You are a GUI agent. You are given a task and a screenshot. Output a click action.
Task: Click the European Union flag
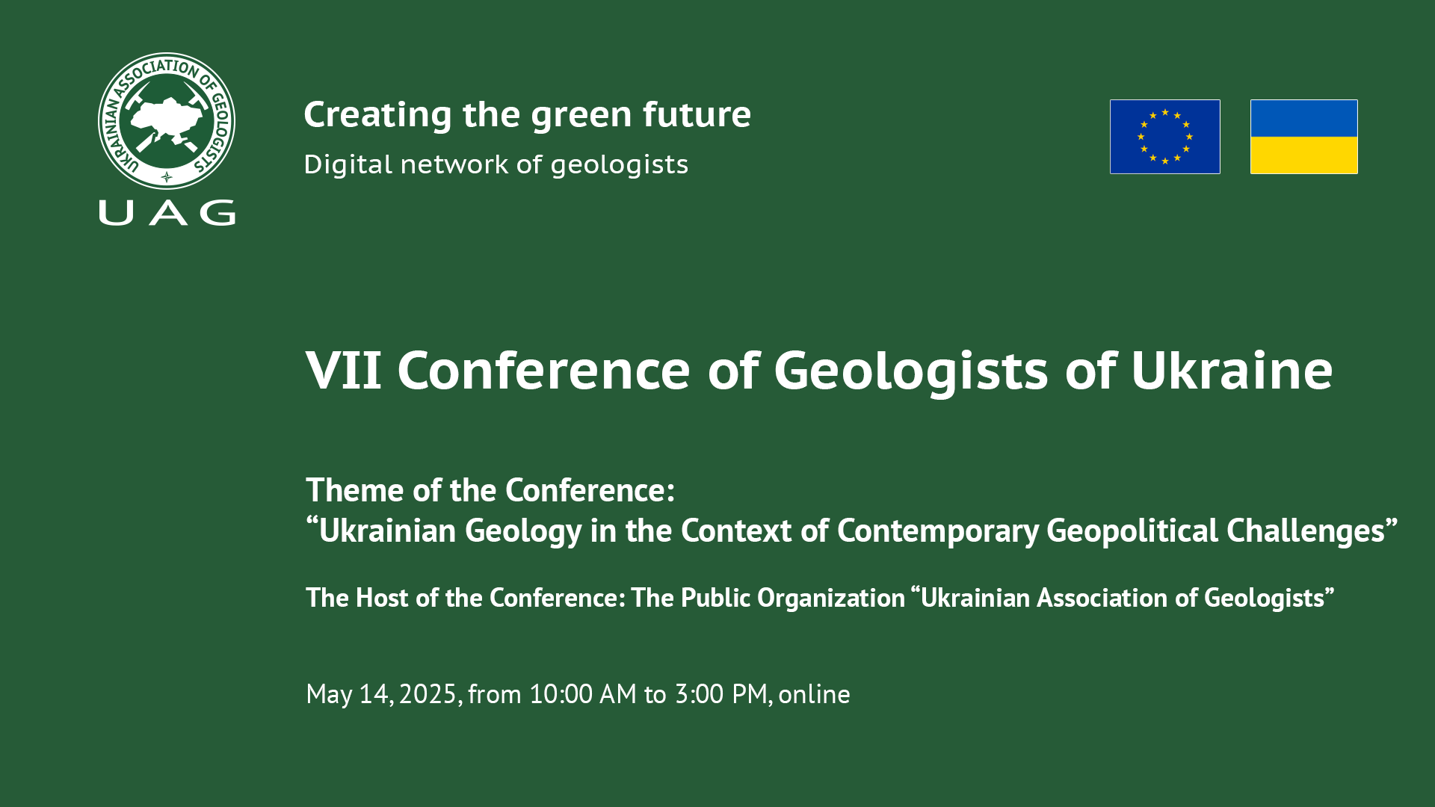[1164, 137]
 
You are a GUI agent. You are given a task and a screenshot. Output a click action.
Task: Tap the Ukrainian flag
[1303, 137]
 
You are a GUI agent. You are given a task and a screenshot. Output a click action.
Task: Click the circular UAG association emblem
[167, 120]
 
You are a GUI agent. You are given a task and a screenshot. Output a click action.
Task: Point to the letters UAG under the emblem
[167, 213]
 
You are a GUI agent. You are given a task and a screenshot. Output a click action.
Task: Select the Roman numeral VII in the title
[344, 370]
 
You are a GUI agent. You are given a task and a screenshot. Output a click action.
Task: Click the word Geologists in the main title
[911, 371]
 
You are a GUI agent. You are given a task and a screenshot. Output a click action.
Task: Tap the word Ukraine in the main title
[1232, 370]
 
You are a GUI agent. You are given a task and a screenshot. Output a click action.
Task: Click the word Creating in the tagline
[377, 116]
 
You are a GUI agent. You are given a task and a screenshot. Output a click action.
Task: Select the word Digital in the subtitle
[348, 165]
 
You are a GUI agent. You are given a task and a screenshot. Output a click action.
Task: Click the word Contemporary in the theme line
[938, 531]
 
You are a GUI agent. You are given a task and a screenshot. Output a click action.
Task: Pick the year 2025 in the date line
[428, 694]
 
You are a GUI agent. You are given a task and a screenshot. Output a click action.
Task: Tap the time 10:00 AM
[582, 694]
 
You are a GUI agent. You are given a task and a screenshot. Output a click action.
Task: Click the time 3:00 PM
[721, 694]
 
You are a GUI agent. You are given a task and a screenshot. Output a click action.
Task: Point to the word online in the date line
[814, 694]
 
